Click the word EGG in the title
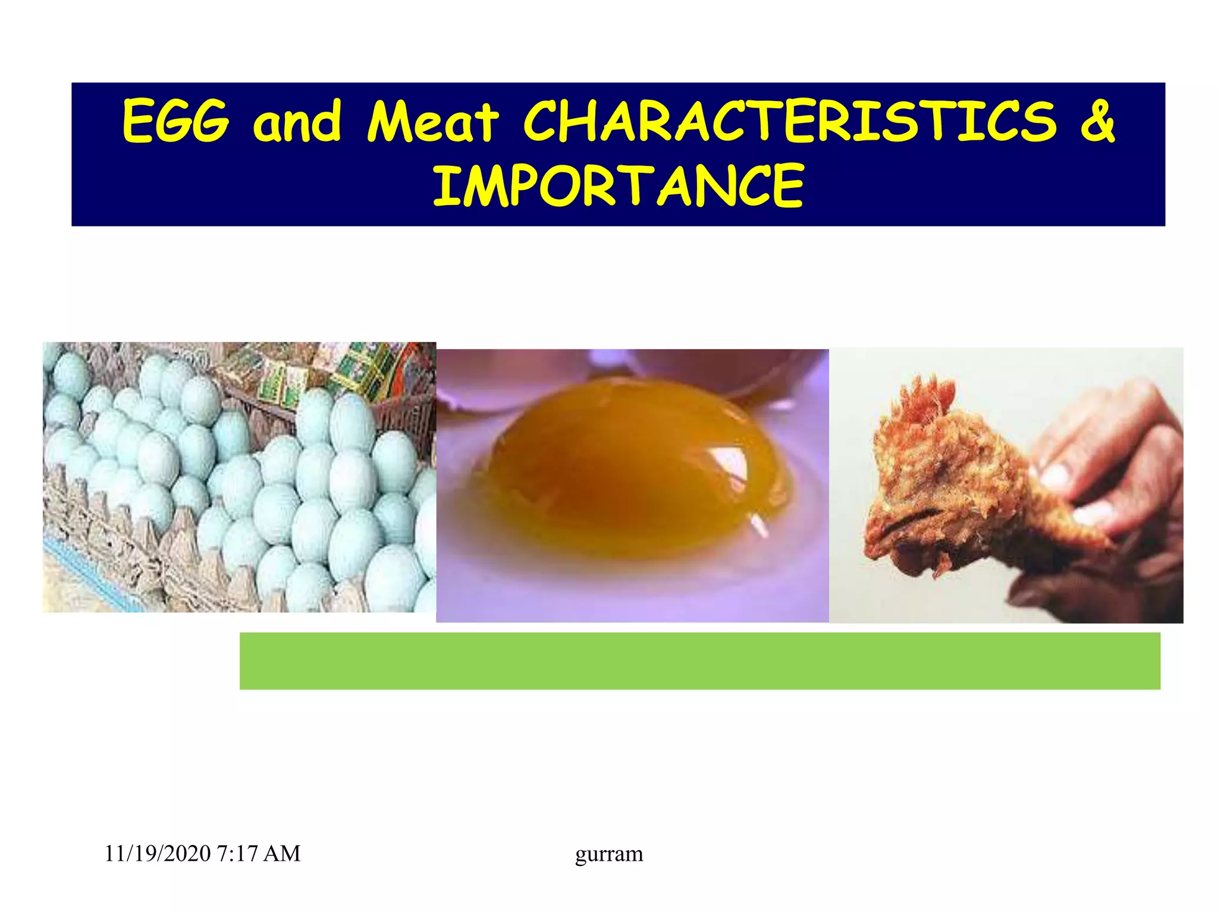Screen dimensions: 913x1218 click(175, 121)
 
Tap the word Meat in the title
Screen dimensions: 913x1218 click(432, 121)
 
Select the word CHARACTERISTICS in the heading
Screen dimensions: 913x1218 click(789, 121)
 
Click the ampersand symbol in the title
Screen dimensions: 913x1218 click(1097, 121)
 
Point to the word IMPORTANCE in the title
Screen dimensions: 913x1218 click(618, 187)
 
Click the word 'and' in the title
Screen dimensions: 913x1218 click(297, 121)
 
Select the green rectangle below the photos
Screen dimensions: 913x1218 click(699, 660)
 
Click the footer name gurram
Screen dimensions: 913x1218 click(608, 854)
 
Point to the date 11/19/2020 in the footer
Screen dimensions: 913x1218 click(157, 854)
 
